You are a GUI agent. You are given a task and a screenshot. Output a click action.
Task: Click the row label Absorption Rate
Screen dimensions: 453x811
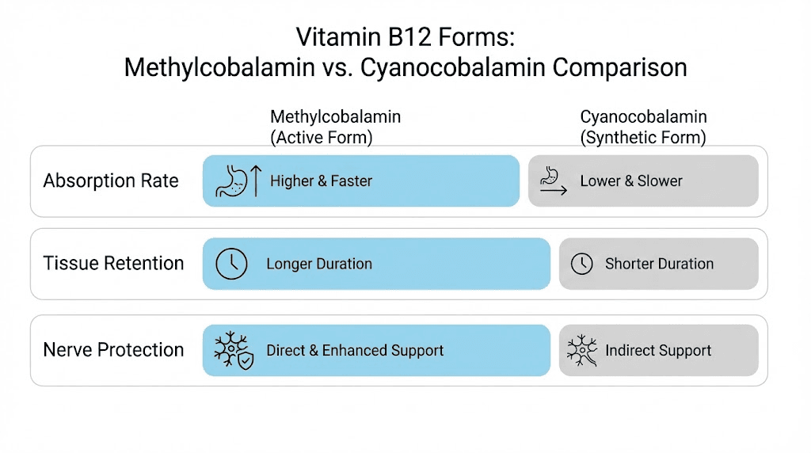pyautogui.click(x=111, y=181)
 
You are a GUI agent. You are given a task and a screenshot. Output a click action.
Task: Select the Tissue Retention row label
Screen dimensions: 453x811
pyautogui.click(x=113, y=263)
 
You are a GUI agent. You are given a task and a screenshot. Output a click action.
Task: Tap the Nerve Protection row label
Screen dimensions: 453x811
pyautogui.click(x=113, y=350)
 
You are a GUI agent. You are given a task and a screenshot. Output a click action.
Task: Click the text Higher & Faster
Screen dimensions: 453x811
pyautogui.click(x=321, y=181)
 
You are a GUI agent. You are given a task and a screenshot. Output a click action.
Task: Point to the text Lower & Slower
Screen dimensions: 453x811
pyautogui.click(x=631, y=181)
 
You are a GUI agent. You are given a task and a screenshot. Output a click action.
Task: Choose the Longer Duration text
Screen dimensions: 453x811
pyautogui.click(x=319, y=264)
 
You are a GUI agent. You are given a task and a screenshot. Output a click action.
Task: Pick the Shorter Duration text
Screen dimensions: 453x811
pyautogui.click(x=659, y=264)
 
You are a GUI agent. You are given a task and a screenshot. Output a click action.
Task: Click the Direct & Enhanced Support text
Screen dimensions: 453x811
pyautogui.click(x=355, y=350)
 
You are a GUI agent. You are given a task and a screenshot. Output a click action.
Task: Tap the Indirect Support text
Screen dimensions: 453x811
pyautogui.click(x=658, y=350)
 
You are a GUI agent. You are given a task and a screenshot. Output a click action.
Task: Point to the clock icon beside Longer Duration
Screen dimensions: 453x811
pyautogui.click(x=231, y=264)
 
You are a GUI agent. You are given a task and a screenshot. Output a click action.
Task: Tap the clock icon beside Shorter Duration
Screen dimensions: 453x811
pyautogui.click(x=582, y=264)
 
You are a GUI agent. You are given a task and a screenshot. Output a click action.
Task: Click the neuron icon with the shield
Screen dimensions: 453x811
pyautogui.click(x=233, y=350)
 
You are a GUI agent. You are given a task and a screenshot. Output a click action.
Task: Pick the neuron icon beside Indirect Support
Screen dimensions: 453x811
pyautogui.click(x=582, y=350)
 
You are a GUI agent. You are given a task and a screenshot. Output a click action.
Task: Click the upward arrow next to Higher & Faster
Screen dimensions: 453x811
pyautogui.click(x=256, y=181)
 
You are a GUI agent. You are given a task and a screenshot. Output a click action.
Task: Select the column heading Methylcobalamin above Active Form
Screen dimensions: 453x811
pyautogui.click(x=335, y=117)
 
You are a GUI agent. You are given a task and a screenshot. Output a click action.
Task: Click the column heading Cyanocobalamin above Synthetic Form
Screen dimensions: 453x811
pyautogui.click(x=643, y=117)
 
